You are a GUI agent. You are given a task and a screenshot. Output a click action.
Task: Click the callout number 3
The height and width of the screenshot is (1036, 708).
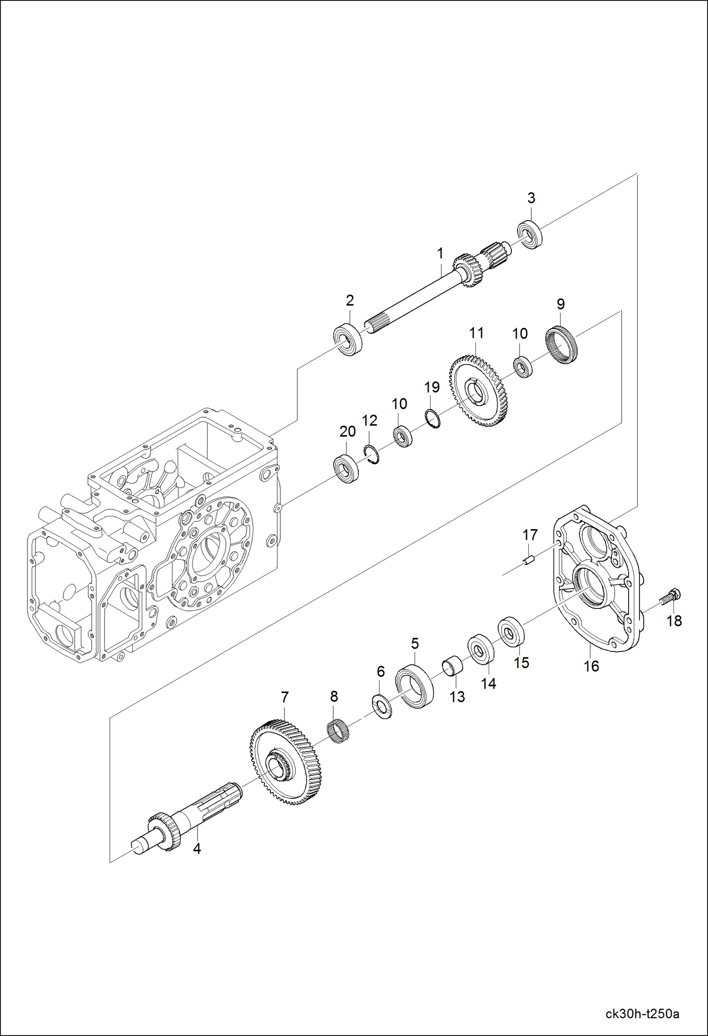click(531, 198)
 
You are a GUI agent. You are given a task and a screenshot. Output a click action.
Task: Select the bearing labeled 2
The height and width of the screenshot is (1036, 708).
click(348, 340)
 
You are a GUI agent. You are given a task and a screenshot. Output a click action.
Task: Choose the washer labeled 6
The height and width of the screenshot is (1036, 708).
click(382, 707)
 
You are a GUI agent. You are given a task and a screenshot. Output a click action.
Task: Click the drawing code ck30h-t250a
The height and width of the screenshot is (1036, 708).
click(642, 1013)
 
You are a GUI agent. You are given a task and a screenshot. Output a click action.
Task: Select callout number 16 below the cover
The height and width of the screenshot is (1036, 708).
click(591, 666)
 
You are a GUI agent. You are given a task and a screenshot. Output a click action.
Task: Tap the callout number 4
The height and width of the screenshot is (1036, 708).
click(197, 848)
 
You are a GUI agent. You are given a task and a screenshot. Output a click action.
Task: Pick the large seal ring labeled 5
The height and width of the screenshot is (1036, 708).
click(414, 686)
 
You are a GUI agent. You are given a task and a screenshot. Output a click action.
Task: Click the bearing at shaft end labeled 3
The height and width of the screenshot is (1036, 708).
click(529, 234)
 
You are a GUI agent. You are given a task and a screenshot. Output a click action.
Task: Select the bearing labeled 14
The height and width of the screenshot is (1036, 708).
click(481, 650)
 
